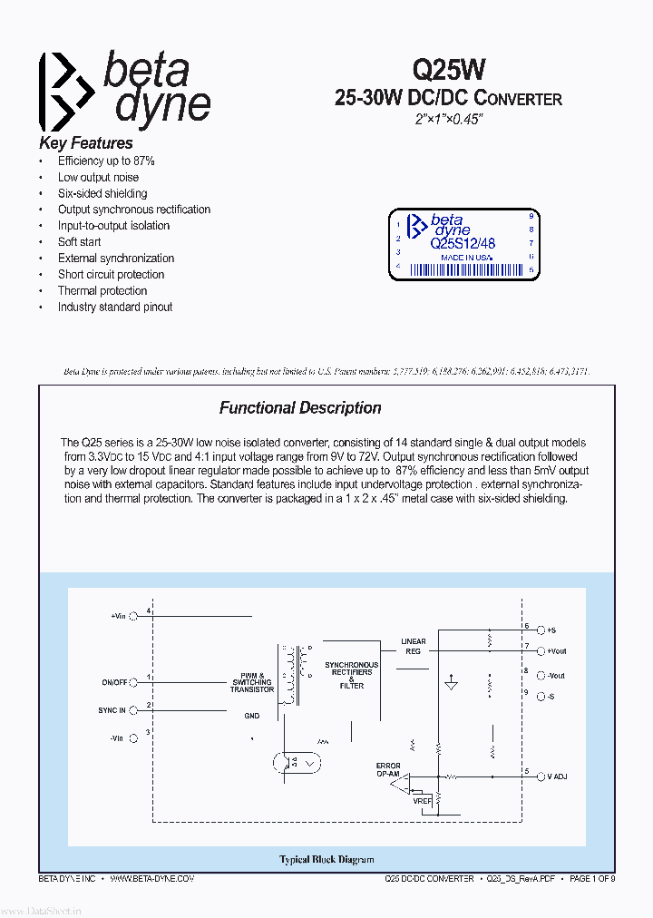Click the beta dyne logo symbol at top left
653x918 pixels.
(65, 93)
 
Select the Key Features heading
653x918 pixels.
(86, 143)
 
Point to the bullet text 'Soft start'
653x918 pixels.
(80, 242)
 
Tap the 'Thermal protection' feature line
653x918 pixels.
(102, 291)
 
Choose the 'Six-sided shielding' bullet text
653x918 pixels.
(102, 193)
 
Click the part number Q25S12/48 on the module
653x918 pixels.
(463, 244)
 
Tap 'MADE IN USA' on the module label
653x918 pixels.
(466, 258)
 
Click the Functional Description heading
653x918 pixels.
(300, 408)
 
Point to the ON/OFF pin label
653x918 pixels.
(114, 681)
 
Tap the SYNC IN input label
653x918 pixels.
(112, 710)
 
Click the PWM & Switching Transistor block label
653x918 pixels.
(252, 682)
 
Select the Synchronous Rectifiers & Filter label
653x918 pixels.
(352, 675)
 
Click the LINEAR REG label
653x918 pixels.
(414, 646)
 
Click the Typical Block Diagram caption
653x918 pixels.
(326, 859)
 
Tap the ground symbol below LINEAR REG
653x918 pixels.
(452, 686)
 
